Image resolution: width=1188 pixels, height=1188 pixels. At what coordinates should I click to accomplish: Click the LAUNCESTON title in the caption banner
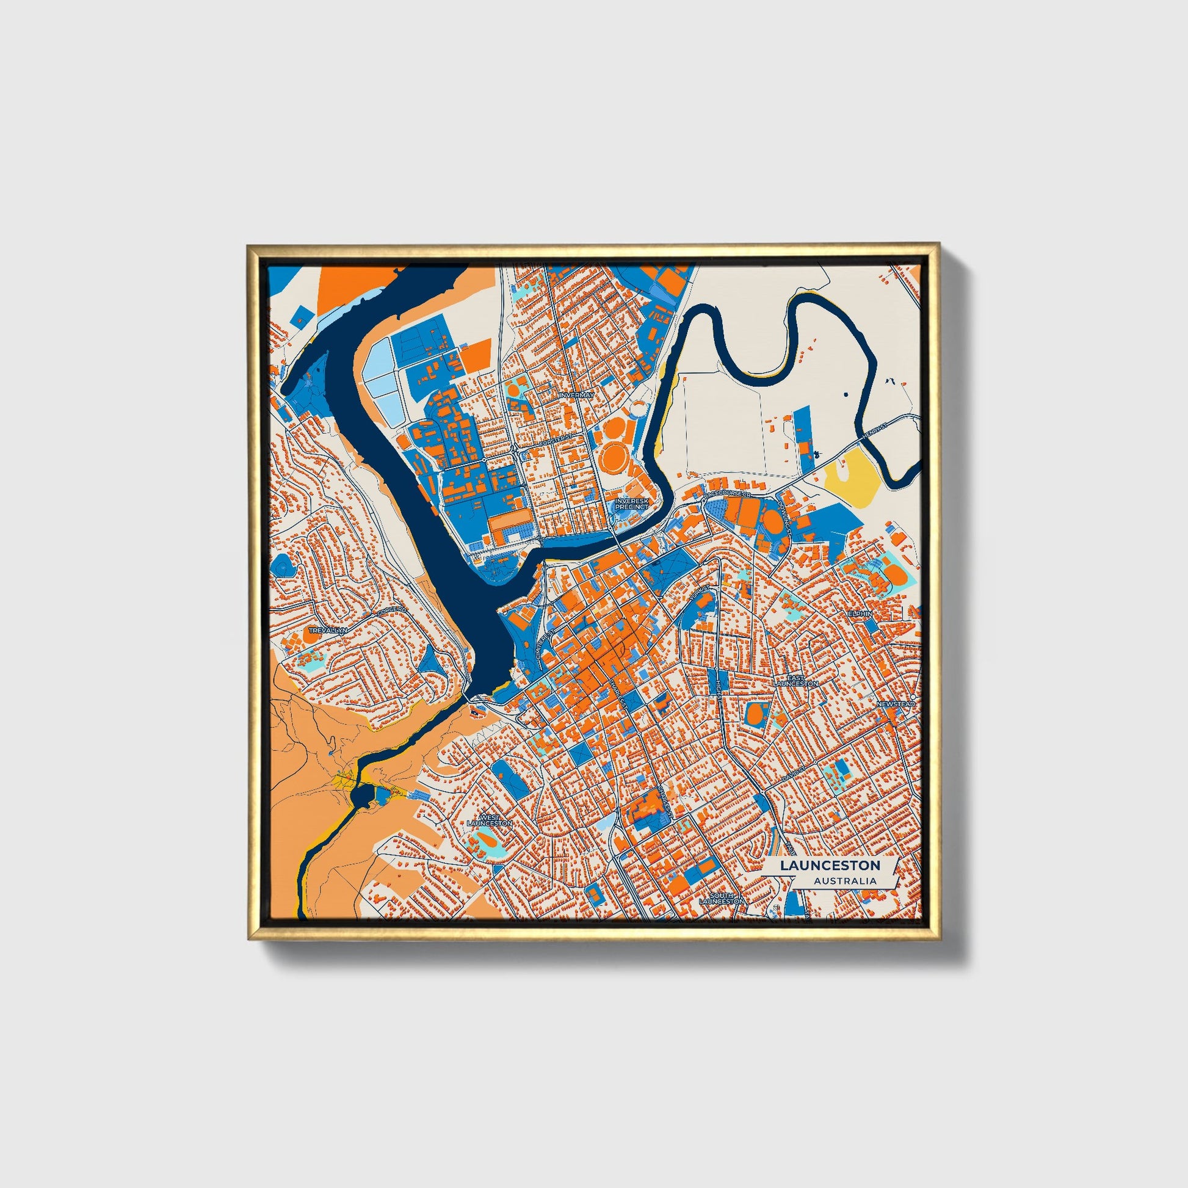[x=830, y=865]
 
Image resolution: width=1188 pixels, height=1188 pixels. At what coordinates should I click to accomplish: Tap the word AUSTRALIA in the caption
[x=845, y=881]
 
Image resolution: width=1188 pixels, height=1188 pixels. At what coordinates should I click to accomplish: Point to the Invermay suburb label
[x=576, y=396]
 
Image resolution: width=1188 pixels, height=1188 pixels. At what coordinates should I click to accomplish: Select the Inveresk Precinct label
[x=631, y=504]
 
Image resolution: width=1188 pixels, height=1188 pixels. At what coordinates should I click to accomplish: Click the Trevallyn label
[x=327, y=631]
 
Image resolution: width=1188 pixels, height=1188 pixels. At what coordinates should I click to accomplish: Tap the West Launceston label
[x=490, y=820]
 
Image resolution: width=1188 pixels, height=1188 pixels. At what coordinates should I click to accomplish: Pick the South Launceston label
[x=722, y=899]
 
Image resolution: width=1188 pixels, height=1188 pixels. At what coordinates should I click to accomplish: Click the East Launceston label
[x=795, y=681]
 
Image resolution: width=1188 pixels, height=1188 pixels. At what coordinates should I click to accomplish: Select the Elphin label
[x=859, y=614]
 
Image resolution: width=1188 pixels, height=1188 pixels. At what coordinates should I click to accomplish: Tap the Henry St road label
[x=876, y=429]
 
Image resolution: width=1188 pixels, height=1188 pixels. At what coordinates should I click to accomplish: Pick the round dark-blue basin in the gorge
[x=361, y=797]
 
